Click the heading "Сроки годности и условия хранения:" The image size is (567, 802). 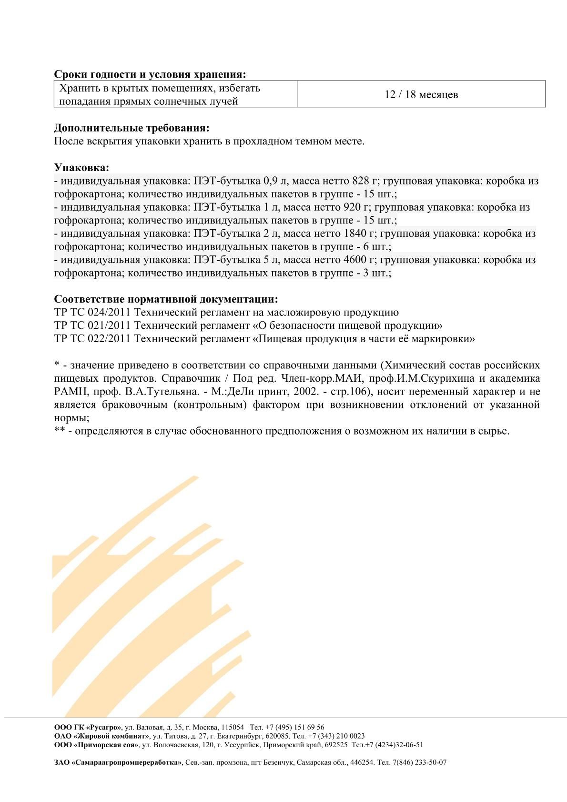pos(150,74)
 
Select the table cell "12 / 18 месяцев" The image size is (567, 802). pos(421,94)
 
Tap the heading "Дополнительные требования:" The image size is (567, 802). pos(132,128)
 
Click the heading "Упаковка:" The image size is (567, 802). pos(81,168)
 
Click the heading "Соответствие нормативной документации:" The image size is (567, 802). pos(166,299)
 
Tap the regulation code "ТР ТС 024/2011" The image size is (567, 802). pos(92,313)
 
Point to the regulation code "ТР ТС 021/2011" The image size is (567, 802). pos(92,326)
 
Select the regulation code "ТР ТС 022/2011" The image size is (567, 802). pos(92,339)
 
